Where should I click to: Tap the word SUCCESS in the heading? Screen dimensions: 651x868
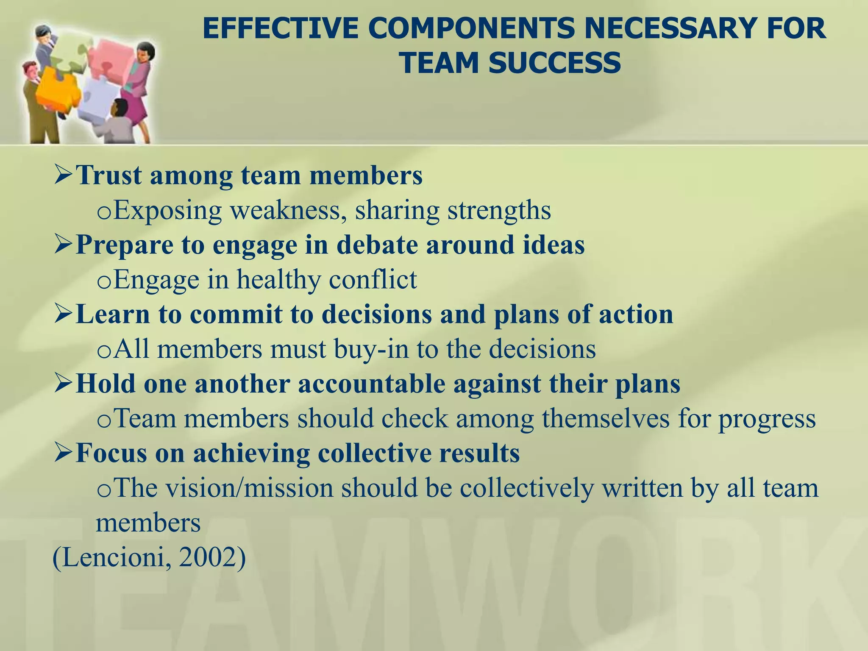pyautogui.click(x=554, y=63)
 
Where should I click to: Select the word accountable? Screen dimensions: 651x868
pyautogui.click(x=372, y=384)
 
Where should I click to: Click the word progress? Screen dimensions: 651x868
pyautogui.click(x=767, y=419)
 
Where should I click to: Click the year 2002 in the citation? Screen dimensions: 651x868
pyautogui.click(x=207, y=558)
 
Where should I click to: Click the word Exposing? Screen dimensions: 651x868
pyautogui.click(x=167, y=210)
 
